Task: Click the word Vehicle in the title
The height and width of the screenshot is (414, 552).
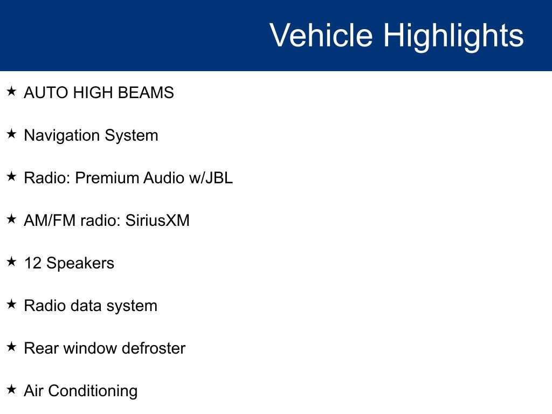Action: (x=321, y=35)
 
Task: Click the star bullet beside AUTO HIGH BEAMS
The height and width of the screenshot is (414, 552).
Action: (x=11, y=92)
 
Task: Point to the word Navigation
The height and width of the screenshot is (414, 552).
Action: (x=61, y=135)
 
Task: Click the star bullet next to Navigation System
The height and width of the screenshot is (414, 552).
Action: (x=11, y=134)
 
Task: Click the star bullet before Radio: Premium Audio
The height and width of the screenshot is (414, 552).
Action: (x=11, y=176)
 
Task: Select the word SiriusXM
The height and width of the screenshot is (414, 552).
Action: (x=157, y=220)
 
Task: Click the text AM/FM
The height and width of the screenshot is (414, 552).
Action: (x=50, y=220)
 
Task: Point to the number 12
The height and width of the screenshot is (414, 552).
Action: (x=33, y=263)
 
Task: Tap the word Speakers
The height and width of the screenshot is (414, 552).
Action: (x=80, y=263)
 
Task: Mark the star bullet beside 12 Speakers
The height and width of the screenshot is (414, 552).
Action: (x=11, y=261)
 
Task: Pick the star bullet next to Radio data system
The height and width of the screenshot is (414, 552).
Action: (x=11, y=304)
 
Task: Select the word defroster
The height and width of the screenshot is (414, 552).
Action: (x=154, y=348)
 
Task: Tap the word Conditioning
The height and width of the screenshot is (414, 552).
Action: (x=93, y=391)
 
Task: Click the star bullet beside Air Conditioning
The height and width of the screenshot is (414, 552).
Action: (x=11, y=389)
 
